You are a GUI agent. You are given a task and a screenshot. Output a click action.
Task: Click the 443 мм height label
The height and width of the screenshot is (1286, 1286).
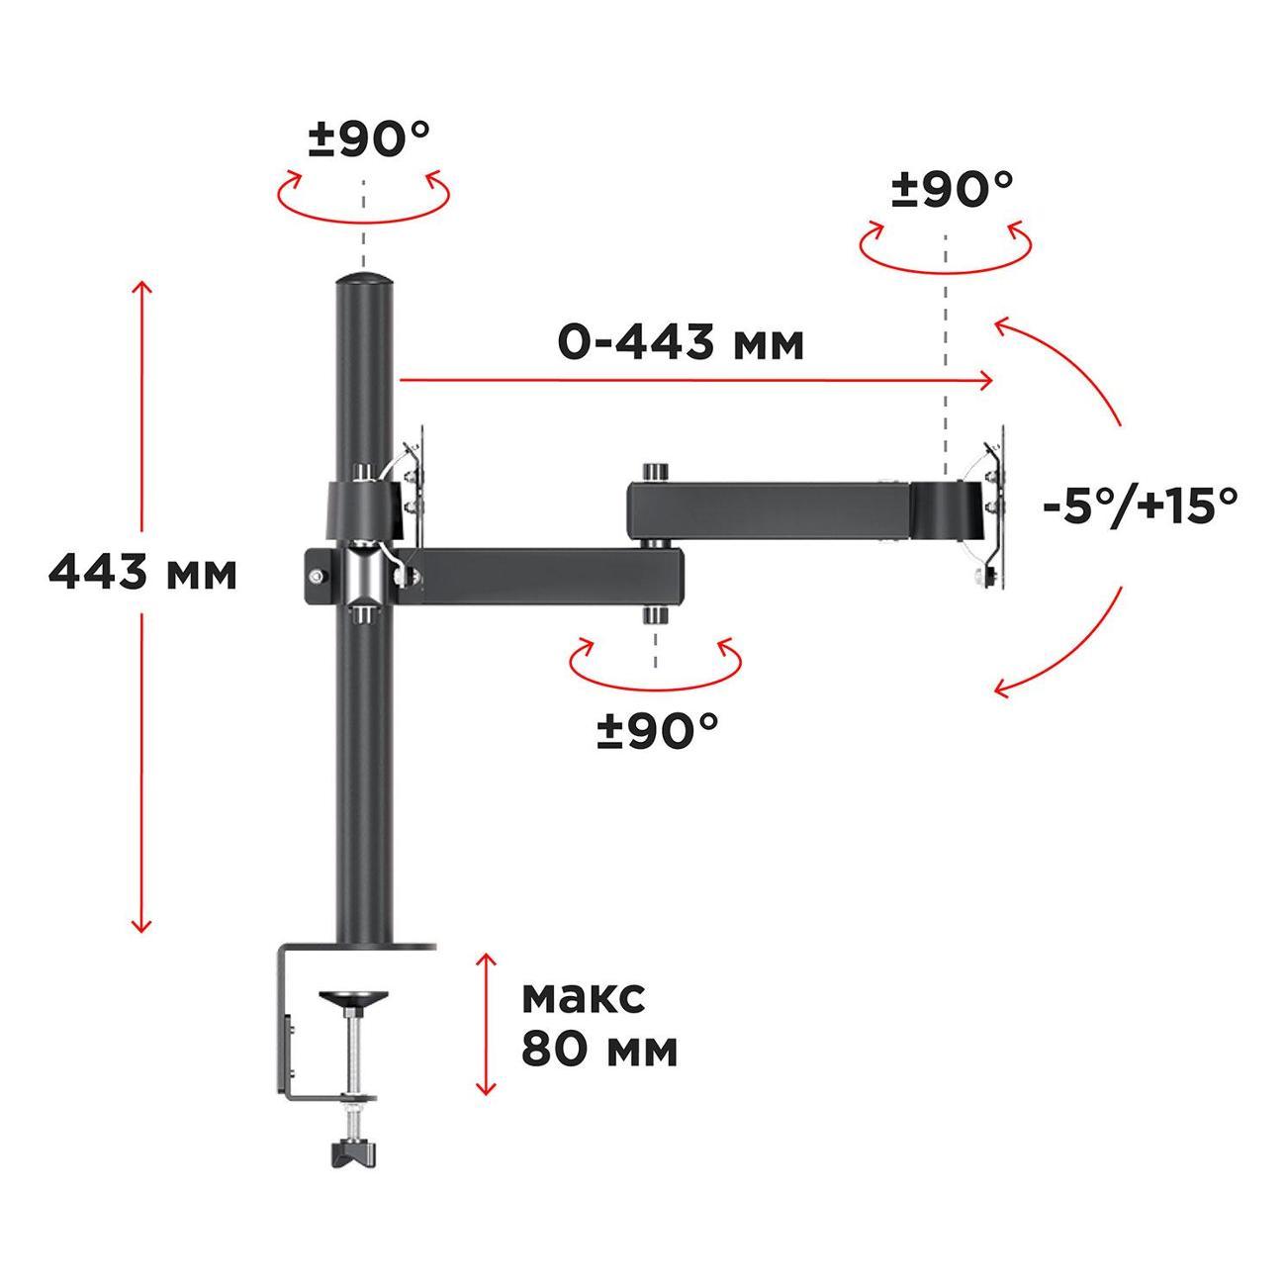point(142,574)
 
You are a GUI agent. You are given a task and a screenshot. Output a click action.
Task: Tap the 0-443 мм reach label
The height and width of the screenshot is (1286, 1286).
point(681,343)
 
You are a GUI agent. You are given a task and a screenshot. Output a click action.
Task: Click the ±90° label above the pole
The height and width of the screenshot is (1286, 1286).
point(369,138)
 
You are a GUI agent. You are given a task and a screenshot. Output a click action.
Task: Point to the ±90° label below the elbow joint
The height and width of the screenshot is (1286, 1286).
point(658,730)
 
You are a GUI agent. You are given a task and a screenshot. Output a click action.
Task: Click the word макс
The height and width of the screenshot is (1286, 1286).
point(584,998)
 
